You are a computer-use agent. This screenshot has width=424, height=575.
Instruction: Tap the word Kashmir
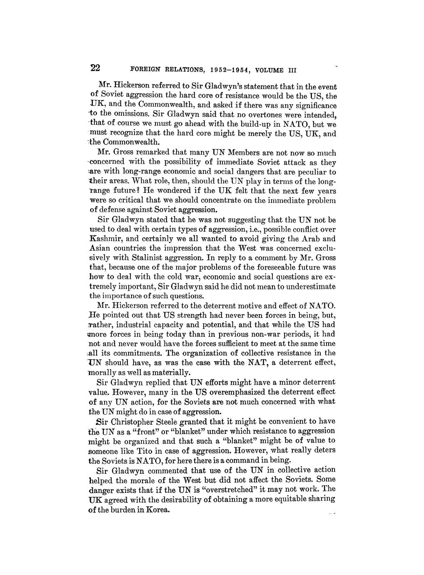(x=105, y=239)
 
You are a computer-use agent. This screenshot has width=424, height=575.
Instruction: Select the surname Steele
(x=179, y=422)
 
